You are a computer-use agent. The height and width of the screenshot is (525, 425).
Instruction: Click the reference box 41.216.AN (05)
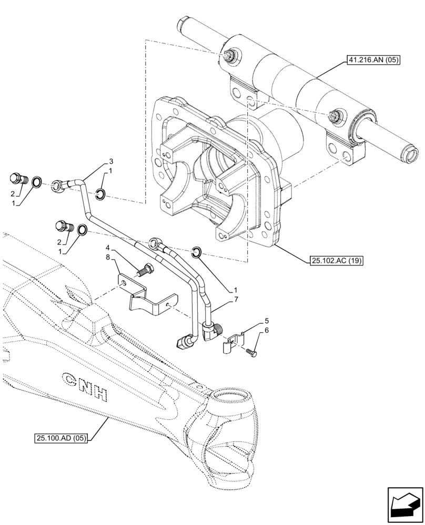click(x=373, y=60)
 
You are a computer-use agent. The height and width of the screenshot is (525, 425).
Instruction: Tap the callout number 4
click(x=107, y=247)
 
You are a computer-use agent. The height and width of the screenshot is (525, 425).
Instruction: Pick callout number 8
click(x=107, y=257)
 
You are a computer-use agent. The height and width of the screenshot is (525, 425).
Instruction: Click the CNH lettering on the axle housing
click(x=84, y=386)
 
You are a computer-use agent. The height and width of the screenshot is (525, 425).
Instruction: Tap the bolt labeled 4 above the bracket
click(x=145, y=271)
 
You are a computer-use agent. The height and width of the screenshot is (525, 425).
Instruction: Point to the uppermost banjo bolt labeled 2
click(x=18, y=179)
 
